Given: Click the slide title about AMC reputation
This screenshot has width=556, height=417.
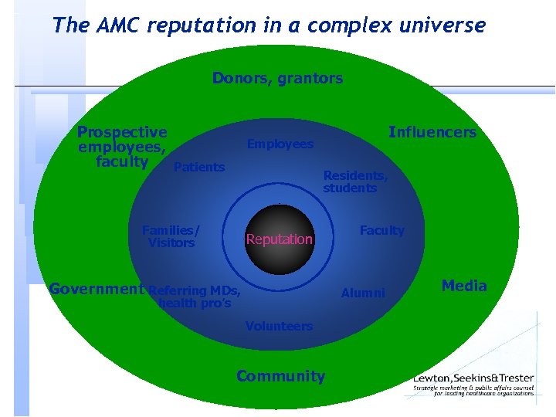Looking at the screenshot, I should [269, 25].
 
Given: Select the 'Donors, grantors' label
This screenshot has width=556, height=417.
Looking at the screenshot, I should [277, 78].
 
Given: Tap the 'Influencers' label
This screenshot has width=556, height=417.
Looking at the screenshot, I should [432, 132].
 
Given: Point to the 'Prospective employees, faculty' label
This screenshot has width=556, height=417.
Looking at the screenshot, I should [122, 147].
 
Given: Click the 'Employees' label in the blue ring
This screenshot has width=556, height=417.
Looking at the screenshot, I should [280, 144].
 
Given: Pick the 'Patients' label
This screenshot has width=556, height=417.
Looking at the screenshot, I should [199, 167].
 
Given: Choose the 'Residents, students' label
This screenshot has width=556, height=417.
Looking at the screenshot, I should [354, 181].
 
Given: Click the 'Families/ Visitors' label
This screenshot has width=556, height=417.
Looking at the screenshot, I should [171, 236].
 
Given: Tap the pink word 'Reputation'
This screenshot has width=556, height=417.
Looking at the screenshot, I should [279, 239].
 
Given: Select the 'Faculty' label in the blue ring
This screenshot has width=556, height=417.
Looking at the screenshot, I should [381, 230].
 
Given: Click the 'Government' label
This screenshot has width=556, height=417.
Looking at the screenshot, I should [97, 289].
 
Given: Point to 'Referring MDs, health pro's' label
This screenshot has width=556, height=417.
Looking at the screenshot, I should [195, 297].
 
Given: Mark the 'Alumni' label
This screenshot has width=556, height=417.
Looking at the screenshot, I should [363, 293].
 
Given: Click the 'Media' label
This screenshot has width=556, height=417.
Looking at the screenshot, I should [464, 286].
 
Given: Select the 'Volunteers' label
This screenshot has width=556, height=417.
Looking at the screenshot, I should [279, 326].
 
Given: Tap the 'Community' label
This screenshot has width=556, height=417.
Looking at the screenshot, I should [280, 376].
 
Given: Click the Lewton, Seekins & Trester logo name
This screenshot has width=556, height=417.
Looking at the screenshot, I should [473, 378].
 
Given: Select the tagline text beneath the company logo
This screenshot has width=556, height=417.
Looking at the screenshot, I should [473, 390].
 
